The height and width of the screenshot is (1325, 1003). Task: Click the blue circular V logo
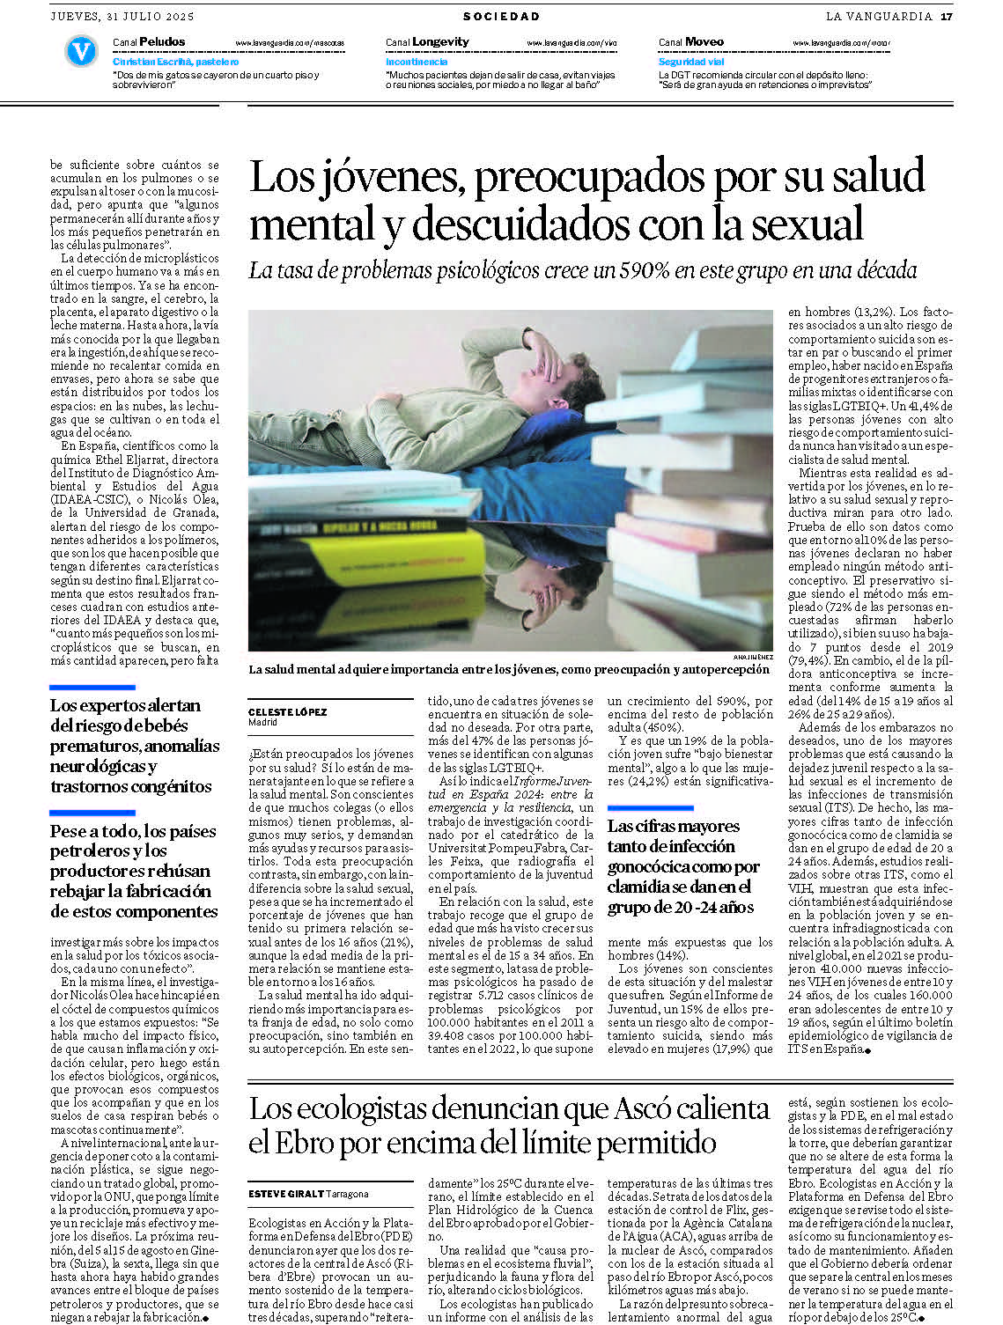point(81,51)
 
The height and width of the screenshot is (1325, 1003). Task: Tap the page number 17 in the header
point(947,16)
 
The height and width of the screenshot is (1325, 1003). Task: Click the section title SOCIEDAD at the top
point(501,16)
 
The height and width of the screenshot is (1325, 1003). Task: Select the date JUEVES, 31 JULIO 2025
point(122,16)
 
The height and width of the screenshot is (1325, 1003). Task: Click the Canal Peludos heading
point(149,41)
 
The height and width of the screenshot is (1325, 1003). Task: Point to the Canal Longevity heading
point(427,41)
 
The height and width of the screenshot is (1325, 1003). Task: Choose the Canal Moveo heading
point(691,41)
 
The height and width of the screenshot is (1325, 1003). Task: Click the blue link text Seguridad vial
point(691,62)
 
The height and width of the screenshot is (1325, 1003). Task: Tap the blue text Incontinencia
point(417,62)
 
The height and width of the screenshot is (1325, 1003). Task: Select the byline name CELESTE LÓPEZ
point(288,711)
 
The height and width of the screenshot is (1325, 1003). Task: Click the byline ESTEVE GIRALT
point(286,1194)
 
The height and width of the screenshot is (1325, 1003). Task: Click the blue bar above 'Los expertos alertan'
point(92,687)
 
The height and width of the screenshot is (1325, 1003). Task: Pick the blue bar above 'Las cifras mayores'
point(650,807)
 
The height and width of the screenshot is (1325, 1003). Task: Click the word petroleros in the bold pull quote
point(85,851)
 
